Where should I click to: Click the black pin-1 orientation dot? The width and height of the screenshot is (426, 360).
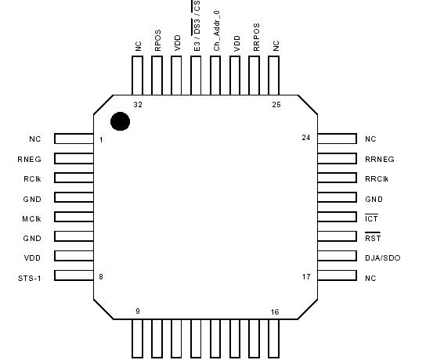tap(120, 121)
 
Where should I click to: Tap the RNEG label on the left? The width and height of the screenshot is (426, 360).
tap(31, 159)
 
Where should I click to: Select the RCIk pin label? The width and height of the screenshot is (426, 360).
tap(31, 178)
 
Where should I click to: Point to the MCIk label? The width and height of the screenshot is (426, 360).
tap(31, 218)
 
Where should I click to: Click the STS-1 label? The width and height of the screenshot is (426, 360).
tap(30, 277)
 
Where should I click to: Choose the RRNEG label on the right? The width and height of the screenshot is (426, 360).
tap(379, 159)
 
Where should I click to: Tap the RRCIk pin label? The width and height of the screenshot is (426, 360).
tap(377, 178)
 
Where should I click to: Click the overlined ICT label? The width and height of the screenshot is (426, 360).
tap(372, 218)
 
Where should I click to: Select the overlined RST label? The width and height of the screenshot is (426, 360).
tap(373, 237)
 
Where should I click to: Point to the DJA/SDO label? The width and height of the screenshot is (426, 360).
tap(382, 257)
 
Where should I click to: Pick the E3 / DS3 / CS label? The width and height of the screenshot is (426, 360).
tap(197, 27)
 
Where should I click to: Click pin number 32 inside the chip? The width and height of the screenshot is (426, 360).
tap(138, 104)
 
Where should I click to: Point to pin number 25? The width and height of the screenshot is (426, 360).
tap(275, 104)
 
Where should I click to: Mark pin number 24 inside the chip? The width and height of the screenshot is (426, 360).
tap(306, 138)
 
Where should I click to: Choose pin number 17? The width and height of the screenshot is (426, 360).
tap(306, 276)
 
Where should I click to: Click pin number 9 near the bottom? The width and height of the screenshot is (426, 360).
tap(138, 311)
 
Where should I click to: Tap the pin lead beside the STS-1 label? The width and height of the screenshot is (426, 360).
tap(74, 277)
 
